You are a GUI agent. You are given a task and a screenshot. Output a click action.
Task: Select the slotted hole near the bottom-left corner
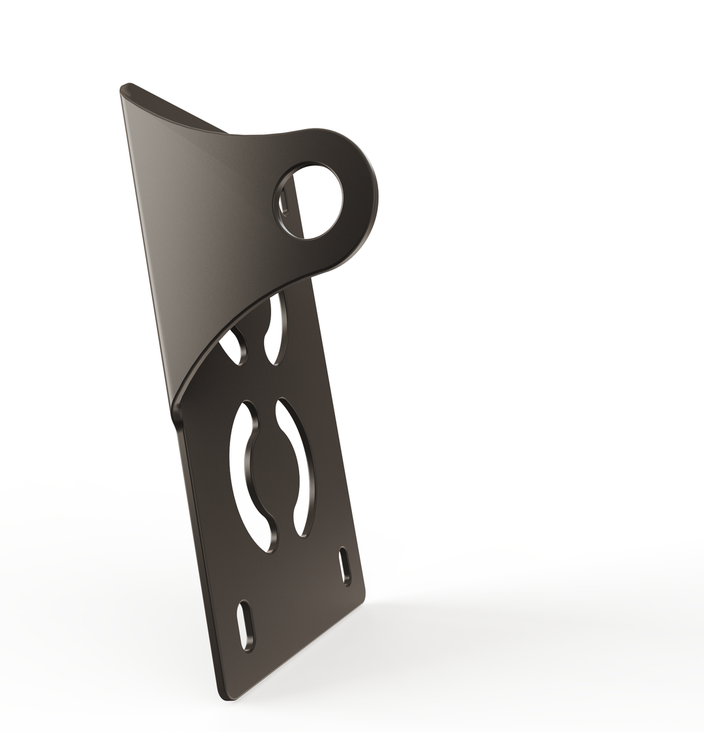pos(246,625)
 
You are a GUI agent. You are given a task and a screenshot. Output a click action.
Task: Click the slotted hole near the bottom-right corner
pos(345,566)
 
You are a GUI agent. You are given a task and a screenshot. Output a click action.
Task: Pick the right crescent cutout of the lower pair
pos(301,466)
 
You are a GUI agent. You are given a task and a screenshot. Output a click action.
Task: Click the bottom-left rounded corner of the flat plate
pos(226,697)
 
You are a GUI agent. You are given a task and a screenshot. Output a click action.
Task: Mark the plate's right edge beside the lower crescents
pos(339,456)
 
